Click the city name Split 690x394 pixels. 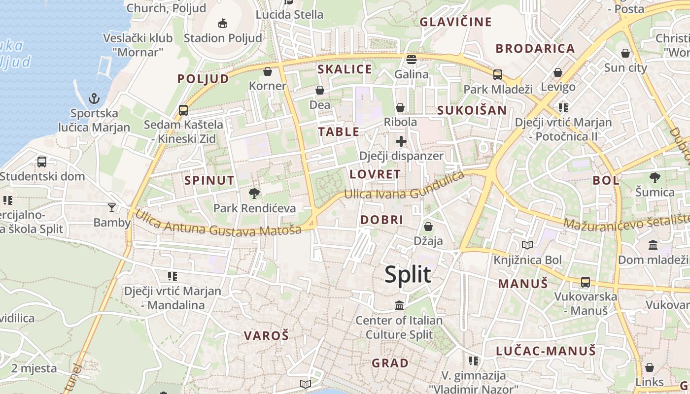click(408, 274)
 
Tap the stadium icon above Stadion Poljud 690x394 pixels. click(222, 23)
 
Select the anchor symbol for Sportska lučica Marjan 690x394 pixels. click(94, 98)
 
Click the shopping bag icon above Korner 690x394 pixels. click(268, 71)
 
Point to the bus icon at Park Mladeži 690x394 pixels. click(498, 75)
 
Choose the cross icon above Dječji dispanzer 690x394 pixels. click(401, 142)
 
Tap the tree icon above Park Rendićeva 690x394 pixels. click(254, 194)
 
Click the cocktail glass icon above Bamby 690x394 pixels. click(112, 208)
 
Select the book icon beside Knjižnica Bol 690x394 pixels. click(527, 245)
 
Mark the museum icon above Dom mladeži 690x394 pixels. click(653, 245)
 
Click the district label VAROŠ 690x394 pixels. click(266, 336)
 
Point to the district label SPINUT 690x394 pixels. click(209, 180)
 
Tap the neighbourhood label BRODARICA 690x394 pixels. click(535, 48)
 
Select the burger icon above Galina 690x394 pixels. click(412, 60)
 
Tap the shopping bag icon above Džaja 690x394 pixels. click(428, 227)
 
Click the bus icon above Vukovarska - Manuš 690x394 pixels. click(586, 282)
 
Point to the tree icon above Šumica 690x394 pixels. click(655, 178)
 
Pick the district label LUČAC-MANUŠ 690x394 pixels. click(546, 351)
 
